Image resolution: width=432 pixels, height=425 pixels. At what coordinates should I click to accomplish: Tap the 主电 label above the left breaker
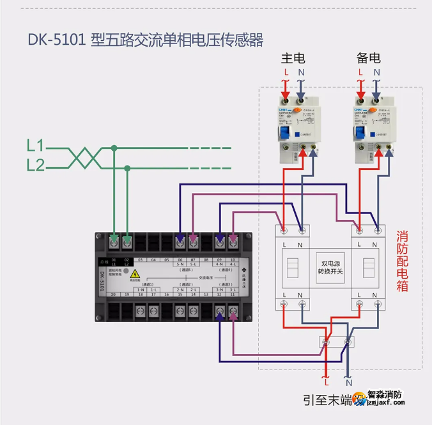pyautogui.click(x=293, y=58)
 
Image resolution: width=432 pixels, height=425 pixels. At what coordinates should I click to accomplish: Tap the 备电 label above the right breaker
pyautogui.click(x=369, y=58)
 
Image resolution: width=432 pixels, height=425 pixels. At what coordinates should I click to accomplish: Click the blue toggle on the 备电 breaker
pyautogui.click(x=358, y=133)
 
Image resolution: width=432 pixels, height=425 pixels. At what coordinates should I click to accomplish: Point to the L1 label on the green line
pyautogui.click(x=36, y=145)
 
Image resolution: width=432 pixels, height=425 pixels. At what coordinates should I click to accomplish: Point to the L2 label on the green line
pyautogui.click(x=36, y=166)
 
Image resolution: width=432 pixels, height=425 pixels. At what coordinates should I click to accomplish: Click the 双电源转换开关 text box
pyautogui.click(x=330, y=267)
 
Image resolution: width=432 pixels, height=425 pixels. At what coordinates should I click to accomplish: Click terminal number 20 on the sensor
pyautogui.click(x=113, y=294)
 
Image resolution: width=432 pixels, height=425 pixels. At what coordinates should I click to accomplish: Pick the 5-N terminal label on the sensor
pyautogui.click(x=180, y=264)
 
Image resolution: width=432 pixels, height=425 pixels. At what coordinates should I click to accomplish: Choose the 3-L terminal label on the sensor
pyautogui.click(x=233, y=290)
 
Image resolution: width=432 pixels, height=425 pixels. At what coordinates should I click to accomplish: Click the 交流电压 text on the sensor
pyautogui.click(x=206, y=277)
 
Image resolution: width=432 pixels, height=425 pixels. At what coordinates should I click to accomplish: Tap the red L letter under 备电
pyautogui.click(x=360, y=73)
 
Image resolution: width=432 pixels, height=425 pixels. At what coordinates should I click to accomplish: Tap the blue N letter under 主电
pyautogui.click(x=301, y=73)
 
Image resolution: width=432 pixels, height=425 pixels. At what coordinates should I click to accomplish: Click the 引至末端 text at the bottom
pyautogui.click(x=328, y=400)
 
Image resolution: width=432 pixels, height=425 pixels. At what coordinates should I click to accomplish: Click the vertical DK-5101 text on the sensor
pyautogui.click(x=102, y=281)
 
